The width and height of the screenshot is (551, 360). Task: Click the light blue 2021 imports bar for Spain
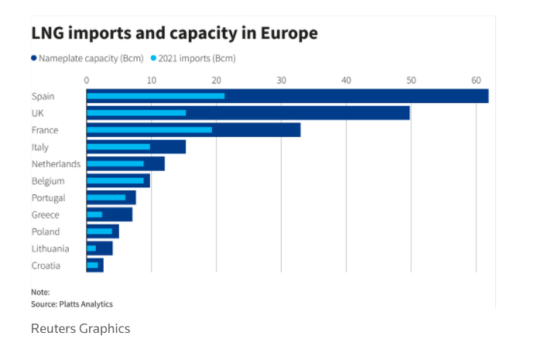pyautogui.click(x=155, y=96)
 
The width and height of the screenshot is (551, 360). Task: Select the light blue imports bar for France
pyautogui.click(x=149, y=130)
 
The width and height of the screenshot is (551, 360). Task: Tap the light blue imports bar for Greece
pyautogui.click(x=94, y=214)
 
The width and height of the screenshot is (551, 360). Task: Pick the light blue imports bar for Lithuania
pyautogui.click(x=91, y=249)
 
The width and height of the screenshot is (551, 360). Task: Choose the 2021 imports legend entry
pyautogui.click(x=193, y=58)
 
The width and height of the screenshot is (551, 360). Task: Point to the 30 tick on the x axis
pyautogui.click(x=281, y=80)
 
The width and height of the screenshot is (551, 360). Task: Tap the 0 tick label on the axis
pyautogui.click(x=87, y=80)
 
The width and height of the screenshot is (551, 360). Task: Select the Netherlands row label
pyautogui.click(x=56, y=164)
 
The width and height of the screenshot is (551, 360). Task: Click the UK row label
pyautogui.click(x=38, y=113)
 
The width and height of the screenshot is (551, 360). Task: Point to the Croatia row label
pyautogui.click(x=46, y=266)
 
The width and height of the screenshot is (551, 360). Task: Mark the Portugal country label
pyautogui.click(x=48, y=197)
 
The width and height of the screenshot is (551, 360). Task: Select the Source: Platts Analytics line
pyautogui.click(x=71, y=304)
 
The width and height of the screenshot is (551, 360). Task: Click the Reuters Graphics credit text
pyautogui.click(x=80, y=329)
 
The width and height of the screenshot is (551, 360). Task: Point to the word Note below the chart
pyautogui.click(x=40, y=293)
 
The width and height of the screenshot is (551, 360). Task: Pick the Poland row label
pyautogui.click(x=45, y=231)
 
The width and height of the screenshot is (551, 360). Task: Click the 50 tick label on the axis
pyautogui.click(x=411, y=80)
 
